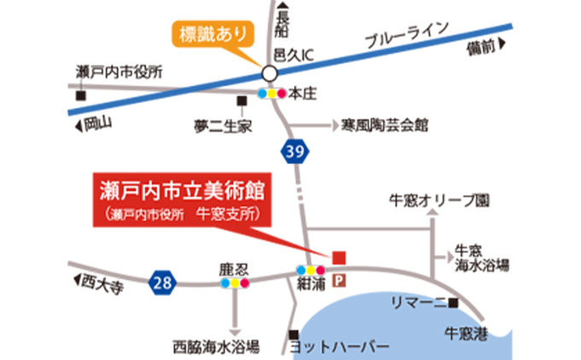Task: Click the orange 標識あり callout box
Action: [x=214, y=35]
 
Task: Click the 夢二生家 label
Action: [x=224, y=126]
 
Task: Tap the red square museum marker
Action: [x=339, y=256]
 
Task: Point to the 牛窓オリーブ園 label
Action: [x=438, y=202]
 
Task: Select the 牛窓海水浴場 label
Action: [x=483, y=257]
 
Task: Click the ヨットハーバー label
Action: [x=339, y=347]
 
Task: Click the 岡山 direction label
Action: [x=98, y=125]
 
